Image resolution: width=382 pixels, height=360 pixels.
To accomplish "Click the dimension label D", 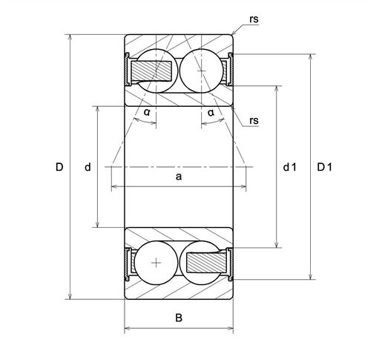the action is point(59,167).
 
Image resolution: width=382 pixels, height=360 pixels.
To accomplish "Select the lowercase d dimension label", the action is point(88,167).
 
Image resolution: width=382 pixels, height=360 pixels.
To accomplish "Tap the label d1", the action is point(289,167).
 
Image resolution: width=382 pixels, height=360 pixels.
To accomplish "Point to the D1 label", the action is point(324,167).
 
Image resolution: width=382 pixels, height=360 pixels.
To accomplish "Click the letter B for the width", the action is point(179,318).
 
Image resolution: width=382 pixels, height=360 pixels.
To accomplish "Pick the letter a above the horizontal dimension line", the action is point(179,177).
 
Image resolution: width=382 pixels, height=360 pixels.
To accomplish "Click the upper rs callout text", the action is point(254,19).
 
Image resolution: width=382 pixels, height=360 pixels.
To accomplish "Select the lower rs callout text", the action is point(254,120).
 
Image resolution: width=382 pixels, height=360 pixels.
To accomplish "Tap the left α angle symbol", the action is point(147,112).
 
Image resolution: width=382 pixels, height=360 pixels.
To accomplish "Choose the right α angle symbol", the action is point(211,113).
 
